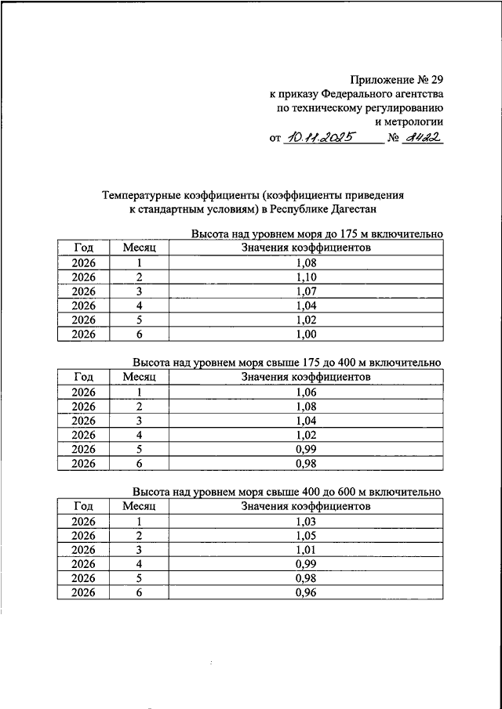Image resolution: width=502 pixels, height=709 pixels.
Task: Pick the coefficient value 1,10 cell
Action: (307, 277)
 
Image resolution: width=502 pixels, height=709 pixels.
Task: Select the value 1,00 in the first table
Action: (307, 335)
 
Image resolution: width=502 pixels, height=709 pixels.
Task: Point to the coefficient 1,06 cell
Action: (307, 392)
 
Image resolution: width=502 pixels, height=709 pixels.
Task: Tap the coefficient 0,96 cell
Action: (307, 593)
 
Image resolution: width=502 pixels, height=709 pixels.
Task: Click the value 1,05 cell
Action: (307, 535)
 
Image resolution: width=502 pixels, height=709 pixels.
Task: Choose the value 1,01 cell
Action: (307, 550)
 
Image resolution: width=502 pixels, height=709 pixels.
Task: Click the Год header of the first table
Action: (83, 248)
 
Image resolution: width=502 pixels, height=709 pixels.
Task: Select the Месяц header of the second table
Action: (140, 377)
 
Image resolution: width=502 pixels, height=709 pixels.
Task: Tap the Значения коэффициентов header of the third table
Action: (307, 506)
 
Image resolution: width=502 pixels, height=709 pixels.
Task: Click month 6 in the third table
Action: (140, 593)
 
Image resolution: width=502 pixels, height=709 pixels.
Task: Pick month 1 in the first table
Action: (140, 263)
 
